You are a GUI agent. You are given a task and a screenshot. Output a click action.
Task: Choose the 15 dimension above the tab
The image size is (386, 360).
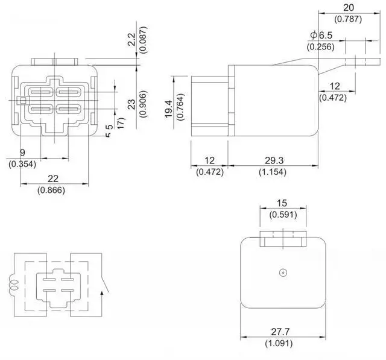[x=282, y=203]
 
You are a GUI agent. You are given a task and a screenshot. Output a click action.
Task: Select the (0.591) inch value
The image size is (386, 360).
[x=282, y=214]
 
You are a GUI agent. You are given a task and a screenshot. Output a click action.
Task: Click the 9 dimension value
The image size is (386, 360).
[x=22, y=153]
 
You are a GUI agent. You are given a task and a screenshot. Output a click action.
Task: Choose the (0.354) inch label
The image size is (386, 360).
[x=22, y=163]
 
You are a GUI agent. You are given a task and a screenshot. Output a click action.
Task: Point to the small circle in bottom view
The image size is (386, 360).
[x=282, y=273]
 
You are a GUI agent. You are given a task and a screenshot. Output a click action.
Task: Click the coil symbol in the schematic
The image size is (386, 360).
[x=11, y=284]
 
